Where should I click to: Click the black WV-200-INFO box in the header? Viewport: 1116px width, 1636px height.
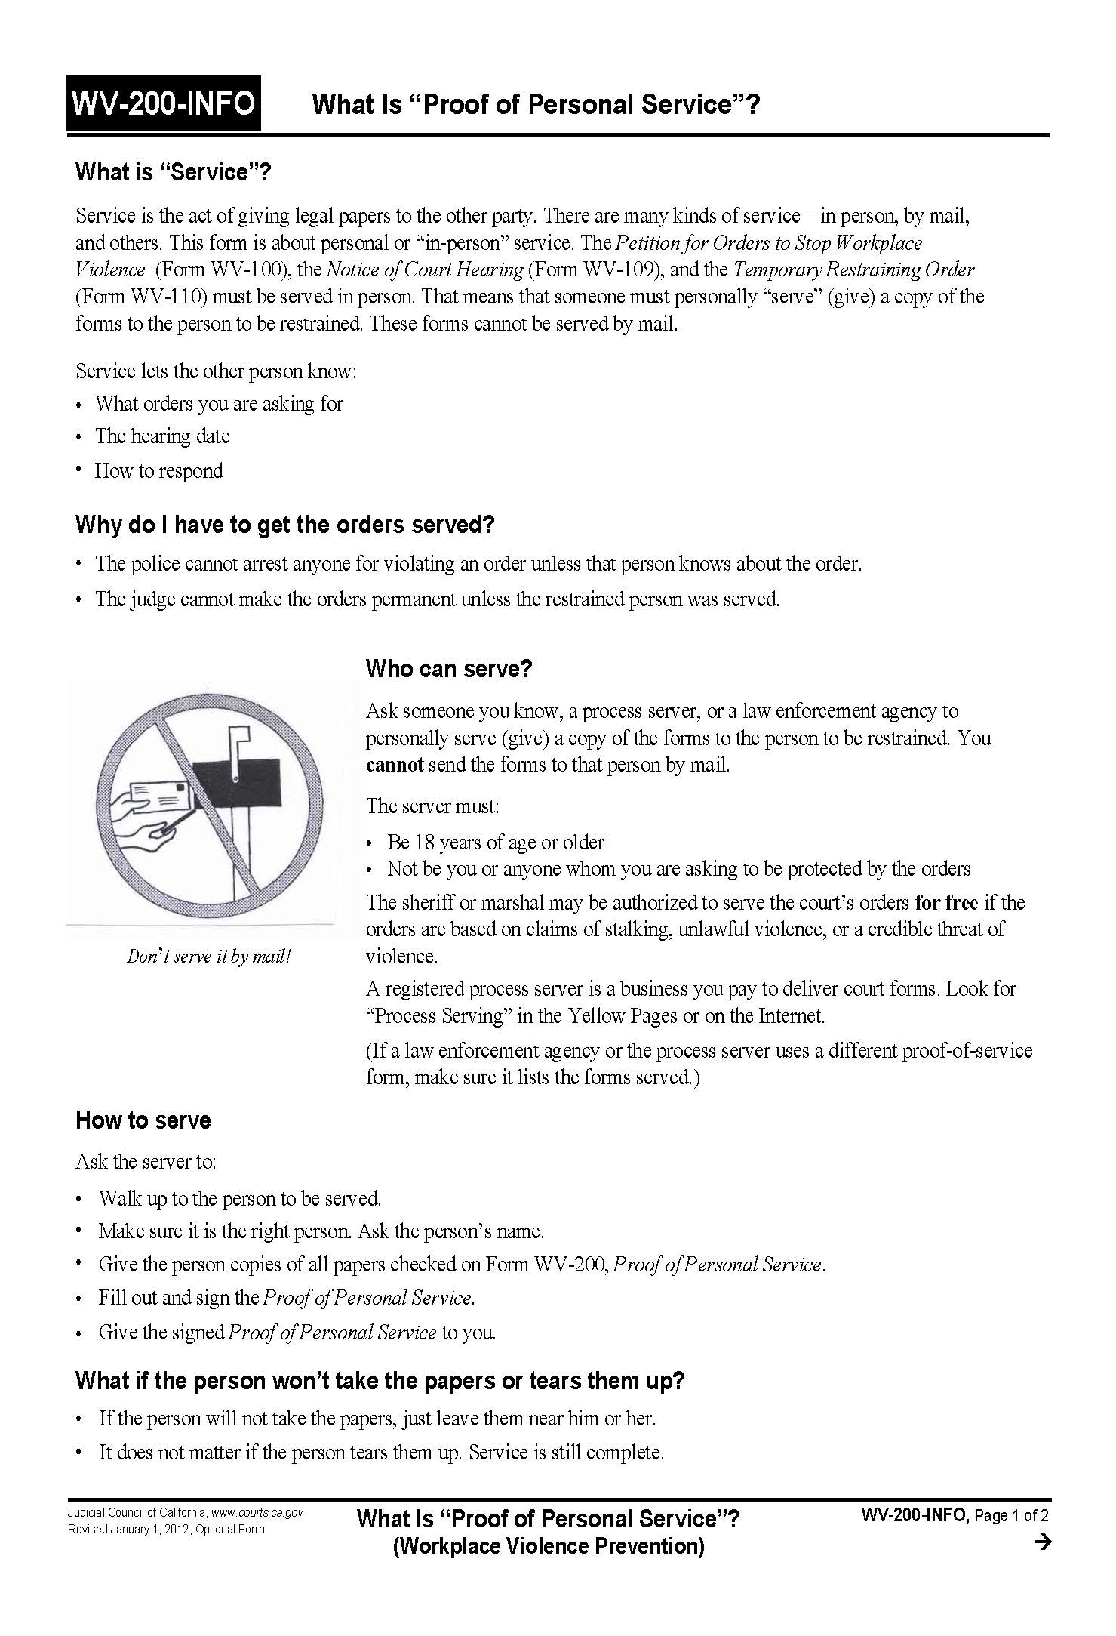pyautogui.click(x=163, y=103)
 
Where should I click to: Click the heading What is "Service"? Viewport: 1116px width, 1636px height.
pyautogui.click(x=173, y=172)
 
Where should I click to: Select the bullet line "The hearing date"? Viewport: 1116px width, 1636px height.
pyautogui.click(x=161, y=436)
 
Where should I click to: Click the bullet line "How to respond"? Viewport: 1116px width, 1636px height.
pyautogui.click(x=158, y=471)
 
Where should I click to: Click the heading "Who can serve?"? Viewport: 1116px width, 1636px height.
pyautogui.click(x=449, y=668)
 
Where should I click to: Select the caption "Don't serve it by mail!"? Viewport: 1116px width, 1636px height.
pyautogui.click(x=208, y=956)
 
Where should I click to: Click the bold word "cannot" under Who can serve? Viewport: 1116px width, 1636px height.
pyautogui.click(x=394, y=765)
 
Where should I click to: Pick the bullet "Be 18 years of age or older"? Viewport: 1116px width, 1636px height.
pyautogui.click(x=495, y=842)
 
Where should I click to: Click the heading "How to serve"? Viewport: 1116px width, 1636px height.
pyautogui.click(x=143, y=1120)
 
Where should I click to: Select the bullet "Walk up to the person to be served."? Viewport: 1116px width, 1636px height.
pyautogui.click(x=239, y=1198)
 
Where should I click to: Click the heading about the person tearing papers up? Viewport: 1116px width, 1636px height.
pyautogui.click(x=380, y=1380)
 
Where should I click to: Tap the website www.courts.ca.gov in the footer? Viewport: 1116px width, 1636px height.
pyautogui.click(x=257, y=1512)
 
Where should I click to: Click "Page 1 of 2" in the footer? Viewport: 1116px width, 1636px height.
pyautogui.click(x=1011, y=1514)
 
